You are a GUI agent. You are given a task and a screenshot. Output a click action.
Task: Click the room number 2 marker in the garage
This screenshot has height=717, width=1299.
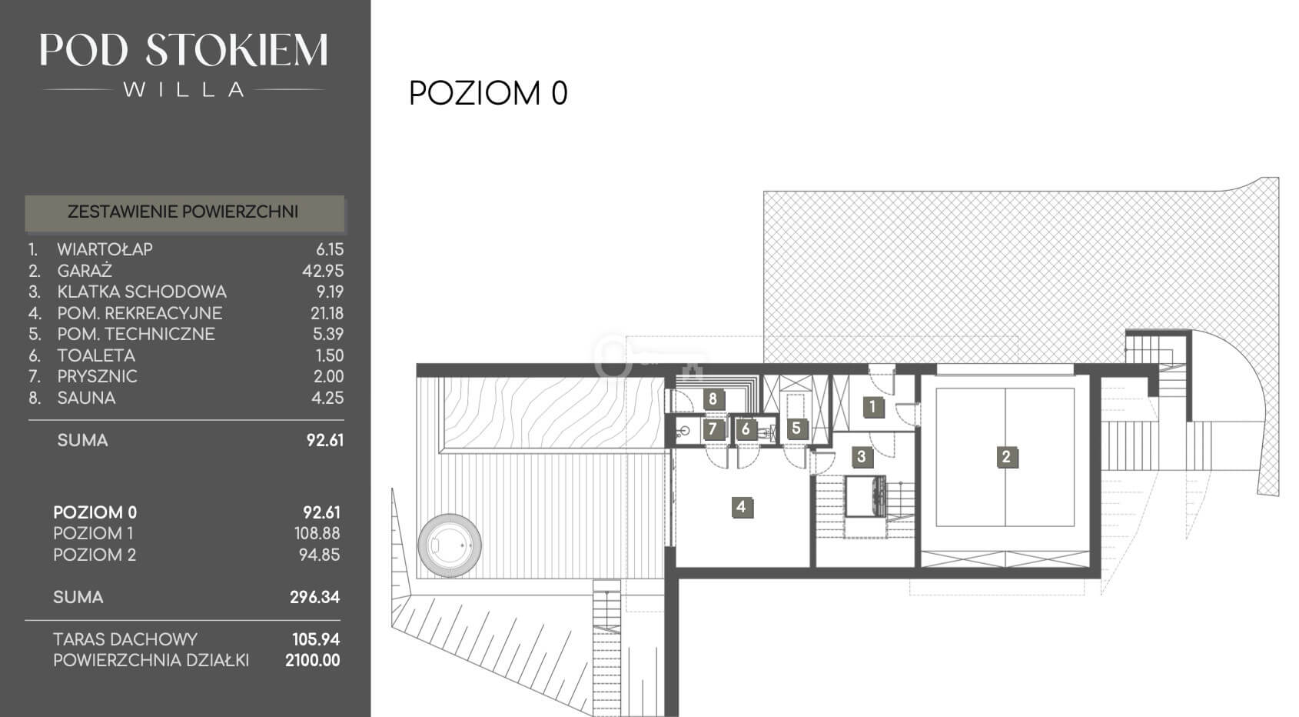[x=1006, y=457]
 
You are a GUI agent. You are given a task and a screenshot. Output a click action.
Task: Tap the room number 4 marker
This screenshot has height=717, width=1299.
[x=741, y=508]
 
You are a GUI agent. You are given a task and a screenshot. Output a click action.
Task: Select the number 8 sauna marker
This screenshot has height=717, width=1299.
[x=713, y=399]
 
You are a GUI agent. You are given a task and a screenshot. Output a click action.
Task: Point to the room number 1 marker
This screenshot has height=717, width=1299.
[x=872, y=408]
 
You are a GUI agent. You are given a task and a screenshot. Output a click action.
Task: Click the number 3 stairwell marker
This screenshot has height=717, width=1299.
[x=861, y=457]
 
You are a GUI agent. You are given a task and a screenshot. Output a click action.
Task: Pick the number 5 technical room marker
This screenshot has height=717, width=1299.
[x=796, y=429]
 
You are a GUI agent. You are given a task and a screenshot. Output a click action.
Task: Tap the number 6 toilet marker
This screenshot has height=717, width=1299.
[x=746, y=429]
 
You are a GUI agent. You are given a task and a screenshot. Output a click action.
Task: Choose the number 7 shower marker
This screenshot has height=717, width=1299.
[x=713, y=429]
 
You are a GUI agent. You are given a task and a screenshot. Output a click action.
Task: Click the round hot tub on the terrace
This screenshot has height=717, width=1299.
[x=450, y=545]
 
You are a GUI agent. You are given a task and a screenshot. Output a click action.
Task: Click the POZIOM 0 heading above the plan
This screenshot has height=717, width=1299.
[x=488, y=93]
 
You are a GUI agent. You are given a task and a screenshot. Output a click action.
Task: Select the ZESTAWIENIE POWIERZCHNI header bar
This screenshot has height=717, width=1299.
[x=184, y=212]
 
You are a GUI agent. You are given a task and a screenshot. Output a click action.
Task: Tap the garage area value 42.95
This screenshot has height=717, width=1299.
[x=322, y=271]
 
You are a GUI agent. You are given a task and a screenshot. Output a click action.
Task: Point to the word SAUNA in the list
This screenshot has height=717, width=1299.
[x=86, y=399]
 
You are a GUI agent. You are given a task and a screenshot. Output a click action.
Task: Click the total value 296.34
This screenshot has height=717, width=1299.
[x=315, y=597]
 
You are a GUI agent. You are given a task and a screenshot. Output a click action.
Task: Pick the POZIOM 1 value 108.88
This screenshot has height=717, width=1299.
[x=317, y=533]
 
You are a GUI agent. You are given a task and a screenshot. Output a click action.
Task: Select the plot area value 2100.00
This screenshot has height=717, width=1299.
[x=313, y=661]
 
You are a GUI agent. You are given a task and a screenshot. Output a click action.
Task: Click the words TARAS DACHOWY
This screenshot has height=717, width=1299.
[x=125, y=640]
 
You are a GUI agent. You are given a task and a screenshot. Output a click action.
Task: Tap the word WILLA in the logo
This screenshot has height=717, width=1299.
[x=184, y=89]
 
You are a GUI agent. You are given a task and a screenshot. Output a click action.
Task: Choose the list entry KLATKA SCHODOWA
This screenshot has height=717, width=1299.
[x=141, y=292]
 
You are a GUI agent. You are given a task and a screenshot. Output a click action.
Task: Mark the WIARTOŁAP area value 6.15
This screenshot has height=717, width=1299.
[x=330, y=250]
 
